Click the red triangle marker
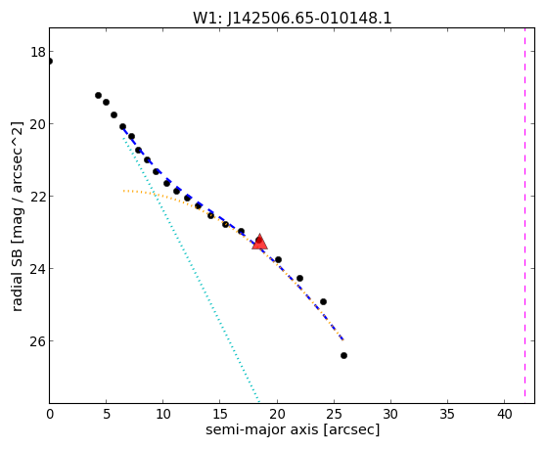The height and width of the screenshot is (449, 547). tap(259, 243)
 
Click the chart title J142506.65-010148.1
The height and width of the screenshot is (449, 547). tap(309, 19)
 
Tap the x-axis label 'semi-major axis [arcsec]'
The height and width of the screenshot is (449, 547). tap(293, 429)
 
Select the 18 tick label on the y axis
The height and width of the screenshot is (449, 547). tap(38, 52)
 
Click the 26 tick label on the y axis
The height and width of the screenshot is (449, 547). tap(38, 340)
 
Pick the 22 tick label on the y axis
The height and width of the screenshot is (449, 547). tap(38, 197)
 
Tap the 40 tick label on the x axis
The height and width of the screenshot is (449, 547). tap(504, 415)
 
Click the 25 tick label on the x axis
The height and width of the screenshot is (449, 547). tap(334, 415)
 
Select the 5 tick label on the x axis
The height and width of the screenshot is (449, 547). tap(107, 415)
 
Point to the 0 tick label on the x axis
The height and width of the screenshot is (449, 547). tap(50, 415)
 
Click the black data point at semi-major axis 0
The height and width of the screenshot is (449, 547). tap(50, 62)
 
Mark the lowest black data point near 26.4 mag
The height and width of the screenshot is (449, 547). tap(343, 355)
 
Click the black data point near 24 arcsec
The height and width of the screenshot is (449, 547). tap(323, 301)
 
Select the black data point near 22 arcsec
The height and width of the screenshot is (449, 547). tap(299, 279)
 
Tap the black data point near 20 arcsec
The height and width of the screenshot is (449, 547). tap(278, 260)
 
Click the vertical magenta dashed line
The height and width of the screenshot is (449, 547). tap(524, 213)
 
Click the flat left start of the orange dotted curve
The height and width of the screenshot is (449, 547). tap(124, 191)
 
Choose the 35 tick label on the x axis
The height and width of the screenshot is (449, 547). tap(447, 415)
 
